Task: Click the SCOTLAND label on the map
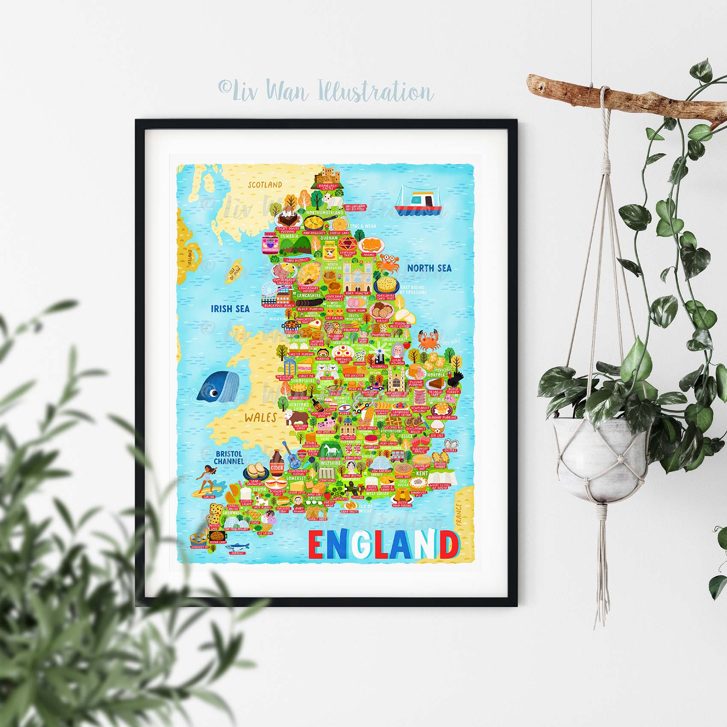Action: point(266,185)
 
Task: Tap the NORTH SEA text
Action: point(429,268)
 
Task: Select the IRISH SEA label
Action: point(230,308)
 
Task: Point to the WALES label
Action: point(260,417)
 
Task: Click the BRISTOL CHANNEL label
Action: point(229,457)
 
